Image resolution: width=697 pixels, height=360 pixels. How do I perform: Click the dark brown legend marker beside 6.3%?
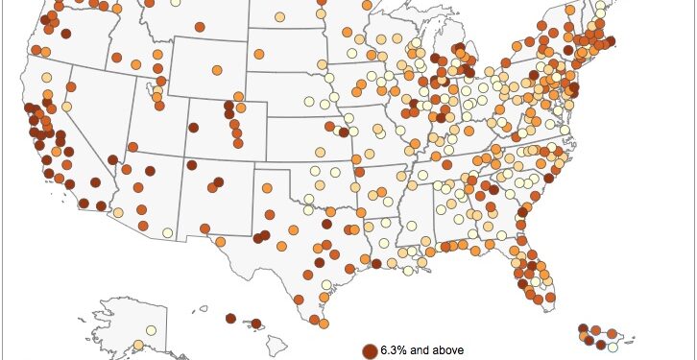click(x=370, y=351)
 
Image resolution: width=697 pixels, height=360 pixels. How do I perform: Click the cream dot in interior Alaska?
click(x=152, y=331)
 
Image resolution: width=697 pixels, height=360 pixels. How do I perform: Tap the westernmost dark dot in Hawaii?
click(x=231, y=319)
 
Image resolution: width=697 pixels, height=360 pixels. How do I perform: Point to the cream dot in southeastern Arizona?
click(x=168, y=232)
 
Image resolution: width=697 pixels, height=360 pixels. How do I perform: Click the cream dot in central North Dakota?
click(x=279, y=16)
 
